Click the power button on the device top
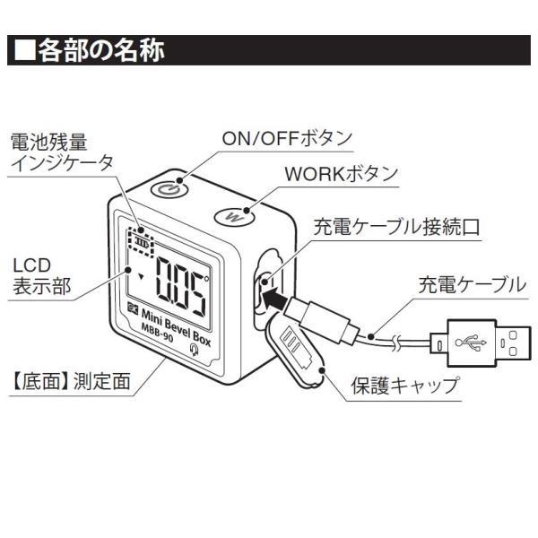[x=169, y=188]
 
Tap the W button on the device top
[x=234, y=216]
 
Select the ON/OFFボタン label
[x=287, y=138]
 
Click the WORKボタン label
[x=341, y=174]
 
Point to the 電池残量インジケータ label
[x=62, y=152]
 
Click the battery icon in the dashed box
[x=142, y=242]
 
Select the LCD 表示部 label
[x=41, y=275]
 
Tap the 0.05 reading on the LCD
[x=180, y=286]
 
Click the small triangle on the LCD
[x=141, y=276]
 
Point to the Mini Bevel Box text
[x=176, y=327]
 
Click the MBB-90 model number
[x=157, y=333]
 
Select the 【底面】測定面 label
[x=70, y=381]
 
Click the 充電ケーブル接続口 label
[x=396, y=227]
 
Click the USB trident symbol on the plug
[x=471, y=343]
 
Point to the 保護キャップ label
[x=405, y=386]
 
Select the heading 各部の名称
[x=101, y=50]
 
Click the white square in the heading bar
[x=25, y=50]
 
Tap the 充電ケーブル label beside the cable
[x=472, y=285]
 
